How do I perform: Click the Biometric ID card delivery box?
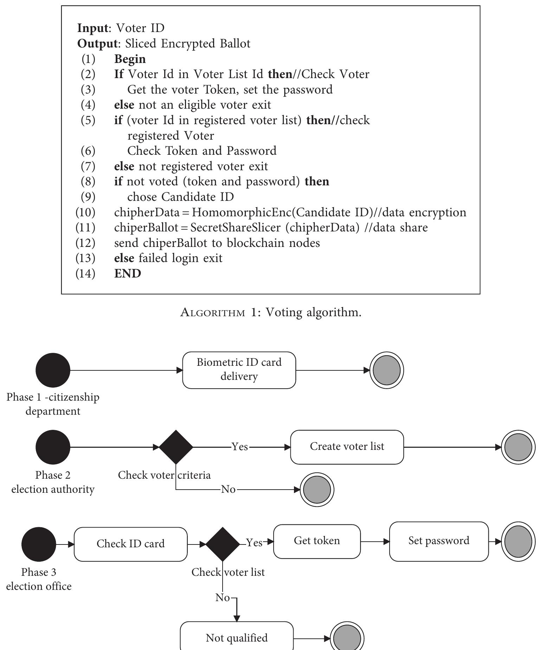pyautogui.click(x=239, y=370)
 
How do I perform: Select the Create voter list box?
pyautogui.click(x=347, y=447)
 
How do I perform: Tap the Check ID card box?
pyautogui.click(x=130, y=544)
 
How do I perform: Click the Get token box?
pyautogui.click(x=317, y=541)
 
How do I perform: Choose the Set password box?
pyautogui.click(x=438, y=541)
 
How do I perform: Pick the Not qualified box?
pyautogui.click(x=237, y=637)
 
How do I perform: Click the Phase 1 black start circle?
pyautogui.click(x=53, y=370)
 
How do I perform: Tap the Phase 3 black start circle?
pyautogui.click(x=39, y=544)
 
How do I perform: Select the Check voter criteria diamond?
pyautogui.click(x=176, y=447)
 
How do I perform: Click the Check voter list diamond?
pyautogui.click(x=223, y=544)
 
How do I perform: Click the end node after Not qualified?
pyautogui.click(x=347, y=638)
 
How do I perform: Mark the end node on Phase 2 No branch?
pyautogui.click(x=317, y=490)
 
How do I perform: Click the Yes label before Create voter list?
pyautogui.click(x=240, y=447)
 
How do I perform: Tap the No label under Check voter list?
pyautogui.click(x=223, y=598)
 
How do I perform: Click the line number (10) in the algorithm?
pyautogui.click(x=85, y=212)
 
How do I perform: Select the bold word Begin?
pyautogui.click(x=130, y=59)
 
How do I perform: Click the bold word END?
pyautogui.click(x=128, y=273)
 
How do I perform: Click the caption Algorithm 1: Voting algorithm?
pyautogui.click(x=270, y=312)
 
